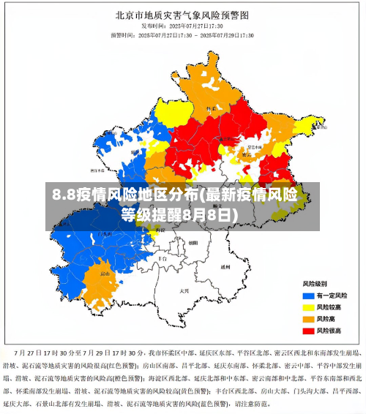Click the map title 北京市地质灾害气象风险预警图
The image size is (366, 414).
[x=182, y=14]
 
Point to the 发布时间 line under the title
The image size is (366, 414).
[x=182, y=26]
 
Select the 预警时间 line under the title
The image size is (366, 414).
[x=182, y=34]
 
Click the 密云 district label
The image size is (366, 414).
[x=247, y=154]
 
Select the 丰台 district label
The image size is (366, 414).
[x=163, y=258]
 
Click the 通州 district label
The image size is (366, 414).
[x=225, y=267]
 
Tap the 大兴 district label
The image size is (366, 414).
[x=184, y=290]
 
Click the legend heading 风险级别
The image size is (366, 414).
[x=315, y=283]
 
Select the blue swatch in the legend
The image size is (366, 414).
[x=308, y=295]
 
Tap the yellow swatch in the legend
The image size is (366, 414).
[x=308, y=307]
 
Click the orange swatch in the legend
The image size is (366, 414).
[x=308, y=319]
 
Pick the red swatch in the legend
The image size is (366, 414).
[x=308, y=331]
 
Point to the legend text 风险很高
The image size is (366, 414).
[x=330, y=331]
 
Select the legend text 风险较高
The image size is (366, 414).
[x=330, y=307]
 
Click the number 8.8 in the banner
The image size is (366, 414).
[x=63, y=195]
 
